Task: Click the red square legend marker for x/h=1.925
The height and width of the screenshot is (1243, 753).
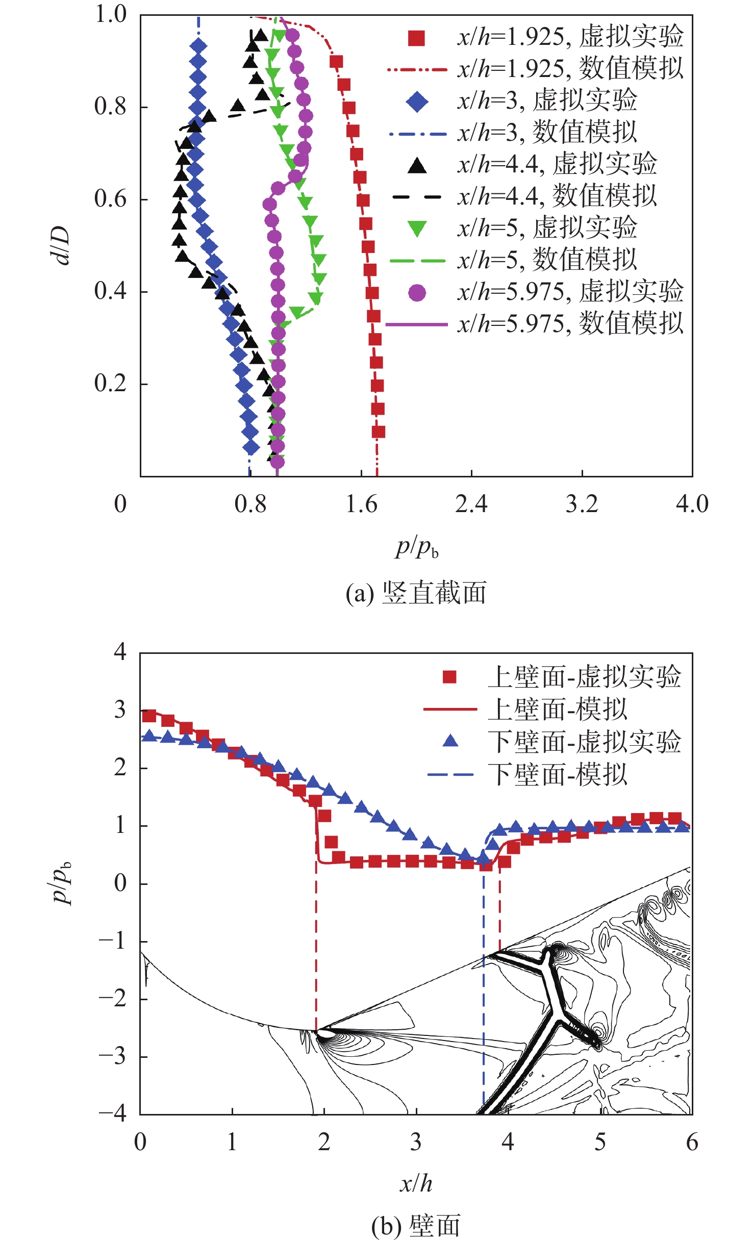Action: point(416,38)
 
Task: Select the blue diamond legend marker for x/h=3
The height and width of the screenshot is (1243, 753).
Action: point(416,102)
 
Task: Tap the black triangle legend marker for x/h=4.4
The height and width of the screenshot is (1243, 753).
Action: point(417,165)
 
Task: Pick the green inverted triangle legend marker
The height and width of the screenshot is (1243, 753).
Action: point(417,229)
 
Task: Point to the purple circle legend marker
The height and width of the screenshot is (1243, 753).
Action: point(417,293)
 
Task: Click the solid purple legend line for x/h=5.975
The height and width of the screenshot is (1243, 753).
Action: point(416,324)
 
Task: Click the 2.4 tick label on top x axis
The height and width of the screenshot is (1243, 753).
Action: point(471,504)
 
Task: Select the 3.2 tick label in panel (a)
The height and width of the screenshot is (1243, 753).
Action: point(582,504)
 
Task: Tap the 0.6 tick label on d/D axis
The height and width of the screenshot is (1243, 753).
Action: point(110,199)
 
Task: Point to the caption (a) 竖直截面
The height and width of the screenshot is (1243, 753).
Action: point(416,593)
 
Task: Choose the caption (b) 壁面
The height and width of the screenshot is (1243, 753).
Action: point(416,1226)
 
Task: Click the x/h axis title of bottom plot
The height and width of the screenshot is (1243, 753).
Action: point(416,1183)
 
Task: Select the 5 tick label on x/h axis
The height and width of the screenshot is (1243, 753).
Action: point(600,1143)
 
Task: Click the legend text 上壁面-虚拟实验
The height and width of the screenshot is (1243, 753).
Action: point(584,677)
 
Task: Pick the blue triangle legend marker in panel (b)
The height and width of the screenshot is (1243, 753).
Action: point(450,741)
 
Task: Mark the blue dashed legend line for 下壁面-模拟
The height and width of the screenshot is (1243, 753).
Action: point(450,775)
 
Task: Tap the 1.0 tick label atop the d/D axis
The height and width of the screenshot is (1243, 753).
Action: point(110,14)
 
